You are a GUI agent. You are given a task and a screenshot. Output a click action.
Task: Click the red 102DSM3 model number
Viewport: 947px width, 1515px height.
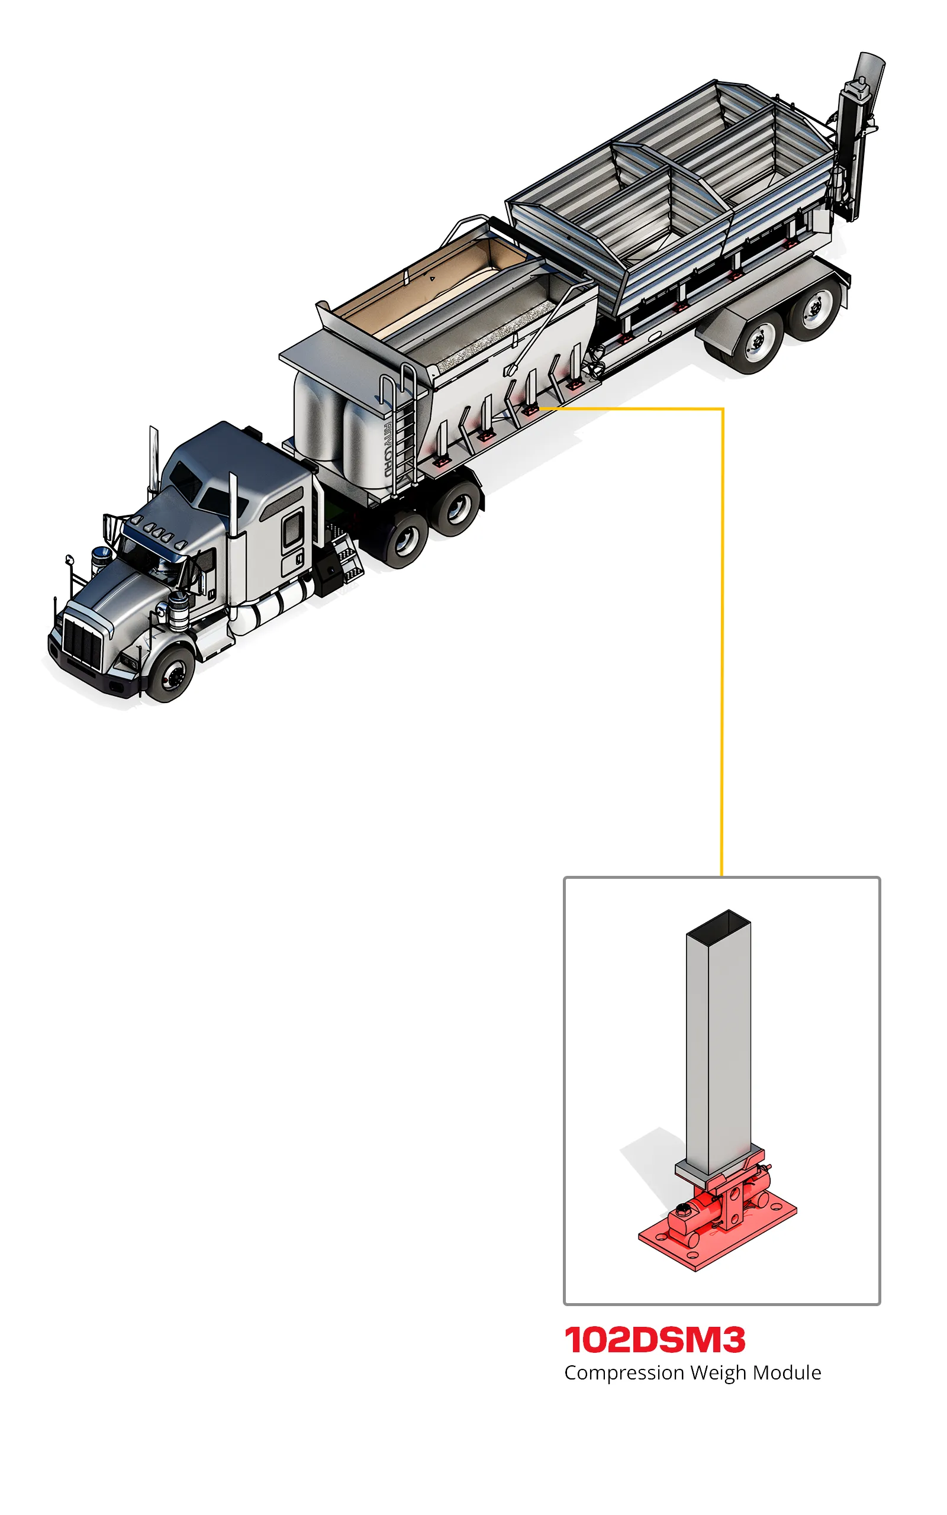click(655, 1340)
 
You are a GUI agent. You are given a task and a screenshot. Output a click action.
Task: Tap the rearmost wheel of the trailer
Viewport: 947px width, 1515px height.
click(815, 307)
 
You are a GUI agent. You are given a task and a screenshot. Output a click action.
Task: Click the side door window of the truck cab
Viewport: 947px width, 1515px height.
click(292, 528)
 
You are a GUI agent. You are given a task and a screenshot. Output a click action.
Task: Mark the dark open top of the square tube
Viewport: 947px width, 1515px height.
click(719, 924)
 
